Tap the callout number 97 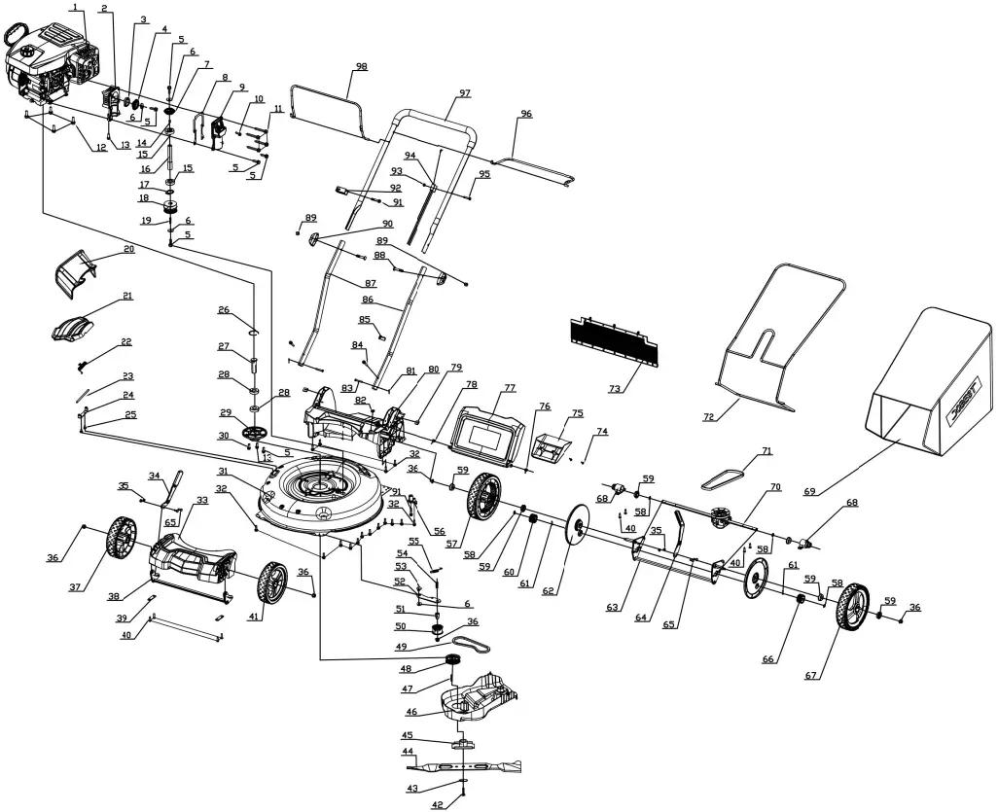pyautogui.click(x=465, y=92)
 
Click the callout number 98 pyautogui.click(x=361, y=66)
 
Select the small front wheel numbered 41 pyautogui.click(x=272, y=583)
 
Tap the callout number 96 pyautogui.click(x=526, y=114)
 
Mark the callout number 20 pyautogui.click(x=127, y=250)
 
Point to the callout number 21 pyautogui.click(x=127, y=296)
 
